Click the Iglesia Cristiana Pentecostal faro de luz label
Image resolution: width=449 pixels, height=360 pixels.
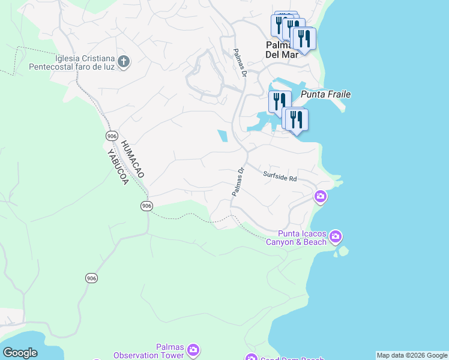(x=72, y=62)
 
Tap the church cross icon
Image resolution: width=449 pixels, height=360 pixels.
(x=123, y=62)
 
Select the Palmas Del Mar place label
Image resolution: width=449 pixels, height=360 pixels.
(x=282, y=50)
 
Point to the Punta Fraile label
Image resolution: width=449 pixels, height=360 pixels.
(x=325, y=94)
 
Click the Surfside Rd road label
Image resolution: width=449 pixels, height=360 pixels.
(x=280, y=176)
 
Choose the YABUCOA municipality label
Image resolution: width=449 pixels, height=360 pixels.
(x=118, y=166)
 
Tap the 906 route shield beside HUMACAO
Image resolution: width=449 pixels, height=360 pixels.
(x=112, y=136)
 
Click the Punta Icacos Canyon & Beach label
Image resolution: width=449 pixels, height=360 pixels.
(x=302, y=238)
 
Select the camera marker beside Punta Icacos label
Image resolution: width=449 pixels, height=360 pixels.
(x=336, y=236)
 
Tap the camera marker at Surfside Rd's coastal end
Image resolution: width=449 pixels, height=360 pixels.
(x=321, y=196)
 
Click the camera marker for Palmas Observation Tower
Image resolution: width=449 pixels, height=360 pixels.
(x=193, y=350)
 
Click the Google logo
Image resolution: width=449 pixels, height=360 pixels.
(x=20, y=353)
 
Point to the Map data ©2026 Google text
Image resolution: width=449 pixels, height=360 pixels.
(x=412, y=355)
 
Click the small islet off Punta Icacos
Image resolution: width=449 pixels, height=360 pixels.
(x=343, y=251)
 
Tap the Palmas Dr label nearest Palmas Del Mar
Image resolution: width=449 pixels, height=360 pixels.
(x=240, y=64)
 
